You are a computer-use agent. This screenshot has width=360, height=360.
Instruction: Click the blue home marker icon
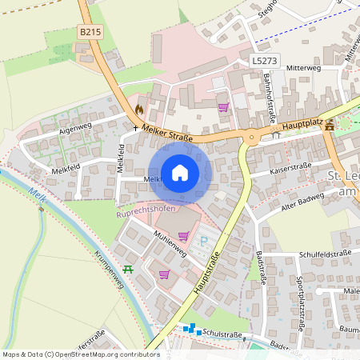(180, 173)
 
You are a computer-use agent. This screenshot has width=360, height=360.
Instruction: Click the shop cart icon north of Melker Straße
(223, 107)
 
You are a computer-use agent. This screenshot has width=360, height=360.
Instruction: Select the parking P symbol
(203, 240)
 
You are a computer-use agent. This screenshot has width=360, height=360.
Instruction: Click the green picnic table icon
(128, 270)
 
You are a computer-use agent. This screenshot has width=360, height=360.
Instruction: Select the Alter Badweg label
(302, 198)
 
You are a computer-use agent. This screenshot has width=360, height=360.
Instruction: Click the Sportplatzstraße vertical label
(300, 303)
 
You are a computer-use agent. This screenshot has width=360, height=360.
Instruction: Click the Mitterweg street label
(302, 69)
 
